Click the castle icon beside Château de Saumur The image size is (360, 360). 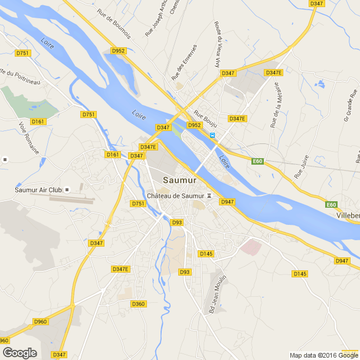click(x=208, y=196)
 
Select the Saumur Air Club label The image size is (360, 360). click(x=38, y=190)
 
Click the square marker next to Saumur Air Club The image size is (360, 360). click(x=67, y=189)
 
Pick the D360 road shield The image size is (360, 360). click(x=138, y=304)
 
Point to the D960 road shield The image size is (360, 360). click(x=41, y=322)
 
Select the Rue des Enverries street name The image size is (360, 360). click(x=184, y=63)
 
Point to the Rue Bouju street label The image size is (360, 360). click(x=205, y=120)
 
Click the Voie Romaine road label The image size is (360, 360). click(x=29, y=138)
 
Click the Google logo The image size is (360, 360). click(x=19, y=353)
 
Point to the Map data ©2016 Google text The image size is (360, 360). click(x=323, y=355)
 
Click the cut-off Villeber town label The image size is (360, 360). click(x=348, y=216)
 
